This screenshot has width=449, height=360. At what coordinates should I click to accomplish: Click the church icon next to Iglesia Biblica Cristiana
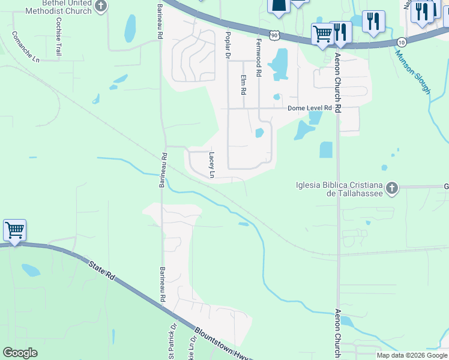391,188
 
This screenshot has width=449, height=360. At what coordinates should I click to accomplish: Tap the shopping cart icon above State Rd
14,230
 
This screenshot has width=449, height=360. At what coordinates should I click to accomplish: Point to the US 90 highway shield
274,36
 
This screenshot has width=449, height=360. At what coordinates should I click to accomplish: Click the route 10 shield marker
402,42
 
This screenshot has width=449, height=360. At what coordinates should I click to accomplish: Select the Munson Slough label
412,71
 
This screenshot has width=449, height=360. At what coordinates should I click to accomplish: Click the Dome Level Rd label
310,108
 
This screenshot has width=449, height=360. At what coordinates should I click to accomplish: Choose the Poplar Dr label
228,44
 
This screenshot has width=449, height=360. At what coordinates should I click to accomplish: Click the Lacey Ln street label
211,165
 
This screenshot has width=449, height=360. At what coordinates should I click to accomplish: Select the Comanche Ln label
25,47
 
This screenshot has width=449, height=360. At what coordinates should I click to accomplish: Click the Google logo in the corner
20,353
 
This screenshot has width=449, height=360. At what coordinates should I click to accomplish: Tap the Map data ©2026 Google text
411,355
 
